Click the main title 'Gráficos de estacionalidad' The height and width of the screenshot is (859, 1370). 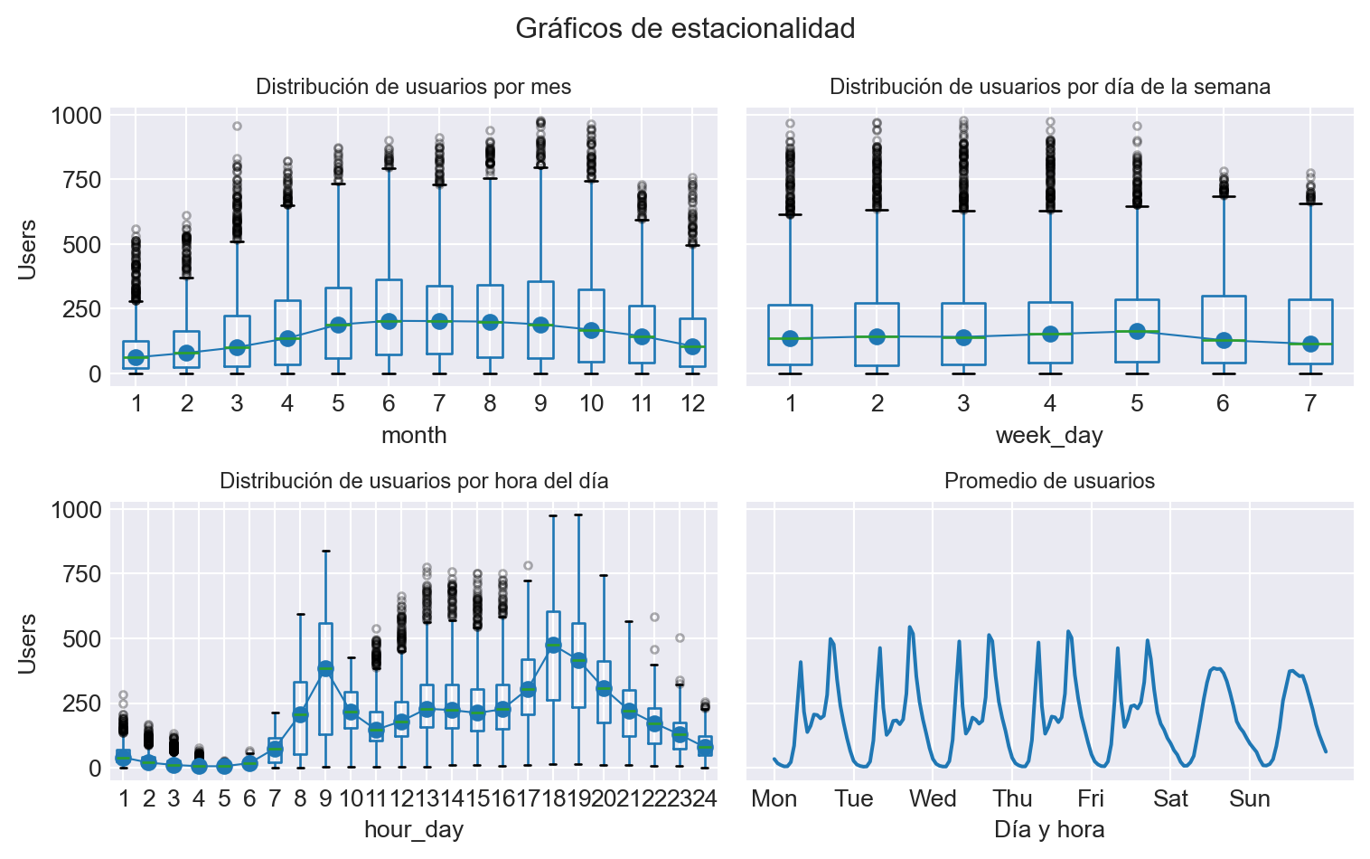tap(685, 29)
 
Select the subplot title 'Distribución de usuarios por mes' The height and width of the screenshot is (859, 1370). tap(414, 87)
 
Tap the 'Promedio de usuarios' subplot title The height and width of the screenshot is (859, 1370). tap(1049, 481)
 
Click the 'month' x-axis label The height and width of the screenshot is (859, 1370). tap(414, 435)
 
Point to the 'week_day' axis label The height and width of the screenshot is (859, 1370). tap(1049, 435)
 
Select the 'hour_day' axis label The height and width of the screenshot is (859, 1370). tap(414, 829)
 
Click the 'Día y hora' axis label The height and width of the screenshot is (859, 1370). tap(1049, 829)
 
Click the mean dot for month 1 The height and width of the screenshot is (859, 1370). tap(136, 358)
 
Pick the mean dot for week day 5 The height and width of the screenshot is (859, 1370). tap(1137, 331)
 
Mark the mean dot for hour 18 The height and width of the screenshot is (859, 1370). tap(553, 645)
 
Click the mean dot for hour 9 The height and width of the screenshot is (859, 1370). tap(325, 668)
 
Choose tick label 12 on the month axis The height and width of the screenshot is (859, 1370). tap(692, 403)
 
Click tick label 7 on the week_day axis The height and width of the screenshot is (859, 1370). tap(1310, 403)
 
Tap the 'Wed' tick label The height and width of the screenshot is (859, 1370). tap(933, 798)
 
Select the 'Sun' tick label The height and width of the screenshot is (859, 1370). tap(1250, 798)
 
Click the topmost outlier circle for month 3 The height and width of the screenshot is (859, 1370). tap(237, 127)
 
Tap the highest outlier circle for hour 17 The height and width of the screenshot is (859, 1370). tap(528, 566)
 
